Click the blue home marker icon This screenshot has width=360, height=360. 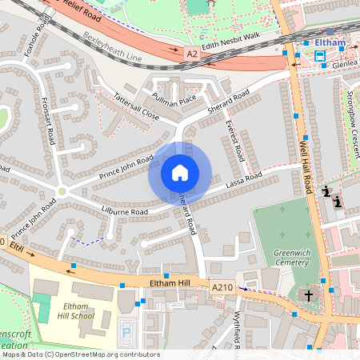point(180,172)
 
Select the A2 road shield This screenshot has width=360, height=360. point(192,54)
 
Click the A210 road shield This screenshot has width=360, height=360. point(223,286)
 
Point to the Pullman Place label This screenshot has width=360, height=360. point(176,100)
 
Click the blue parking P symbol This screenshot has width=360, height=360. point(124,330)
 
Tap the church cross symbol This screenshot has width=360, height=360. point(308,295)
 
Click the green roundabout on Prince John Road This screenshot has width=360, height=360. point(62,191)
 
